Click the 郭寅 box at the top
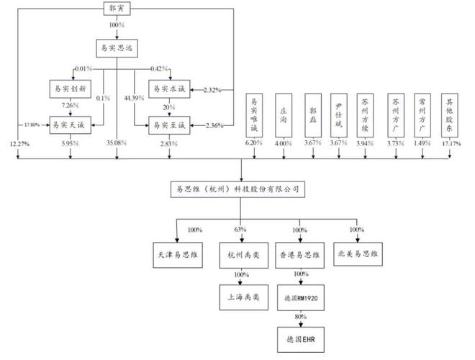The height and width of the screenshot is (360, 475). [117, 9]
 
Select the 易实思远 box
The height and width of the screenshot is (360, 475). [117, 49]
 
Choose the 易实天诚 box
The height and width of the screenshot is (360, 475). [69, 125]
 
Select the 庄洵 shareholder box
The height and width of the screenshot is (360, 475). [284, 114]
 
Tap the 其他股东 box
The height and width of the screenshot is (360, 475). [450, 114]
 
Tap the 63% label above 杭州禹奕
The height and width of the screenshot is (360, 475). [240, 230]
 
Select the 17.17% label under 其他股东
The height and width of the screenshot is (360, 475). [450, 144]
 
